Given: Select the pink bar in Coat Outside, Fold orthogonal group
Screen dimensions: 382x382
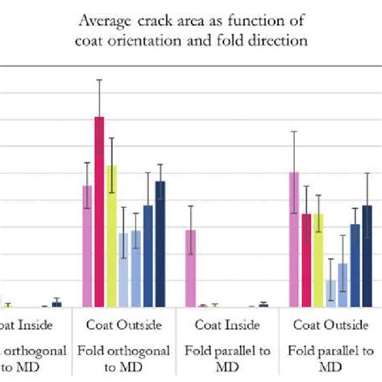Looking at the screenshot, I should pos(87,246).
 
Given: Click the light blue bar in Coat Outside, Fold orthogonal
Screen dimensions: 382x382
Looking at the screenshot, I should pos(123,269).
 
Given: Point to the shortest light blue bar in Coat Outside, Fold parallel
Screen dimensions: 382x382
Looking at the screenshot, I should pos(330,293).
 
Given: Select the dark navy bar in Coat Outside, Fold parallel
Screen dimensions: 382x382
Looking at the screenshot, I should pos(367,255).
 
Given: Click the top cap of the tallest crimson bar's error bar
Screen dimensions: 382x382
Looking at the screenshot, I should pos(99,80).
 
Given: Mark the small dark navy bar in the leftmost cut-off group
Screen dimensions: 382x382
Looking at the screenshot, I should pos(56,304).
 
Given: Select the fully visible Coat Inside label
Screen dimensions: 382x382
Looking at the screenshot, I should pos(226,326).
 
